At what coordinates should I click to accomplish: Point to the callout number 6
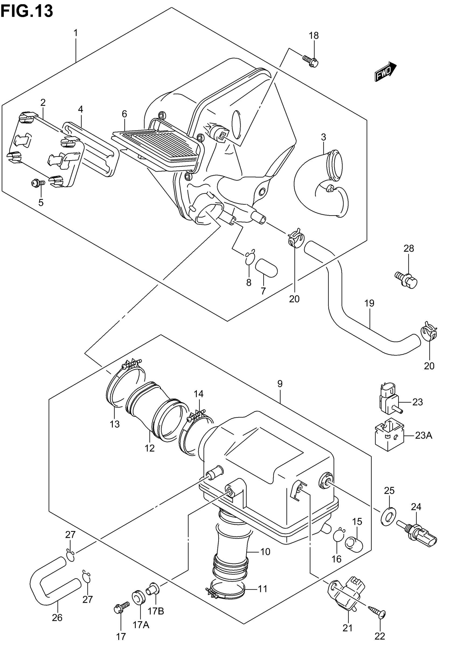click(x=124, y=114)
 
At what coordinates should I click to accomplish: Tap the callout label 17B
click(x=156, y=611)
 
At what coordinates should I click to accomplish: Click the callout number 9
click(x=280, y=384)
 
